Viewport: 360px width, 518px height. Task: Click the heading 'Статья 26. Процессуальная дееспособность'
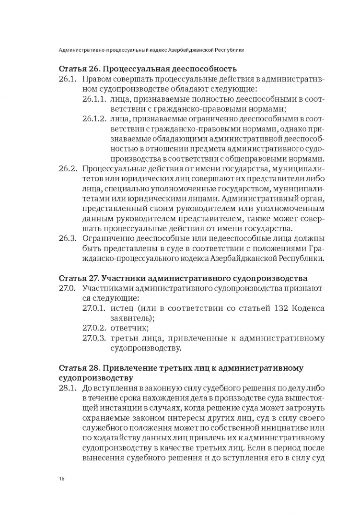(x=148, y=68)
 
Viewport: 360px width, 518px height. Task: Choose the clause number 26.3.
(x=68, y=238)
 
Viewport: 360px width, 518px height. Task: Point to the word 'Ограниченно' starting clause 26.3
(x=109, y=238)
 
